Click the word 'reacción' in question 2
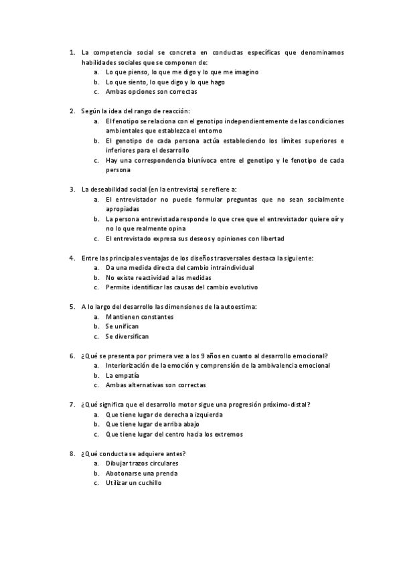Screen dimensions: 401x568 pyautogui.click(x=175, y=111)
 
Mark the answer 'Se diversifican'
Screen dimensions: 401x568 pyautogui.click(x=127, y=336)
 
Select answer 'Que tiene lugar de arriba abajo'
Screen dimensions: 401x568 pyautogui.click(x=153, y=424)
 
